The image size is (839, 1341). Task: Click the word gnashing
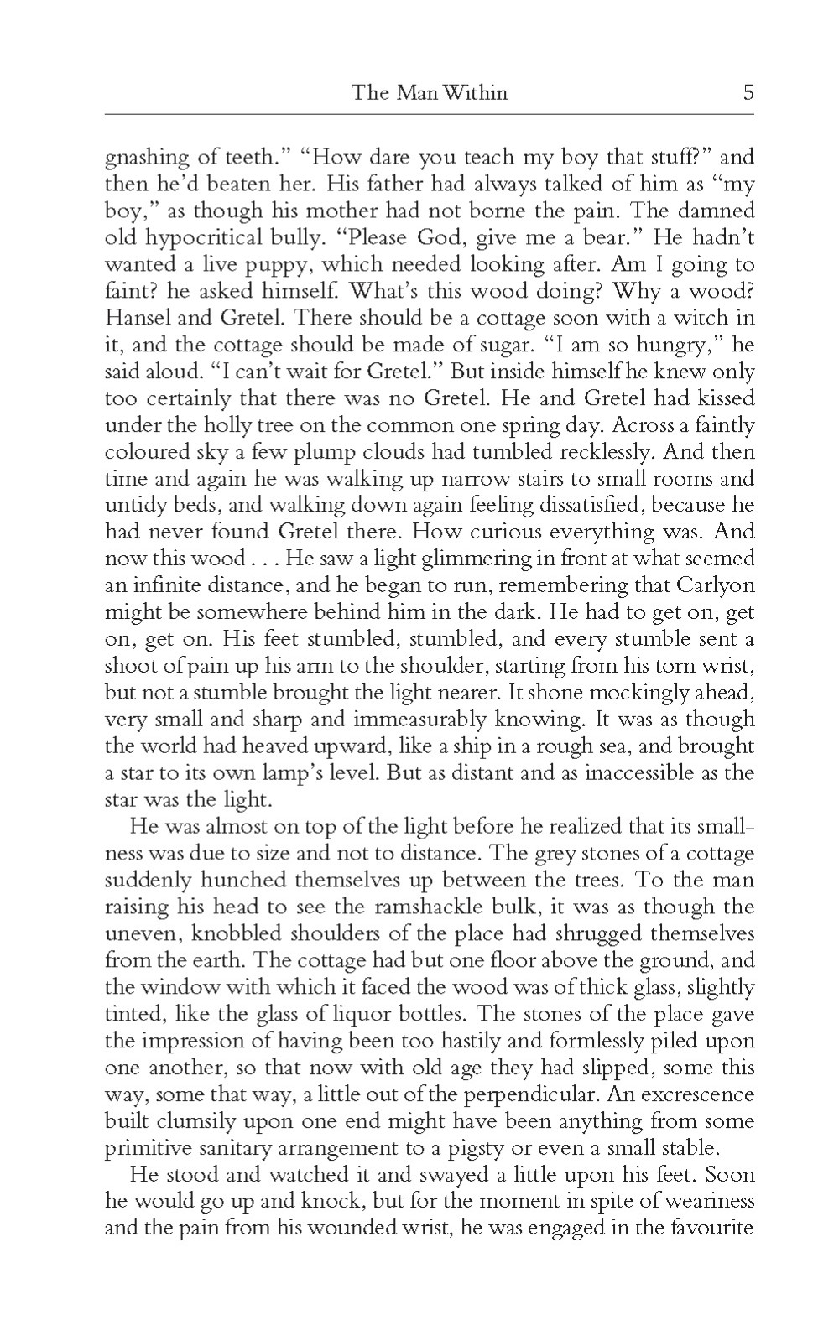pyautogui.click(x=144, y=158)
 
